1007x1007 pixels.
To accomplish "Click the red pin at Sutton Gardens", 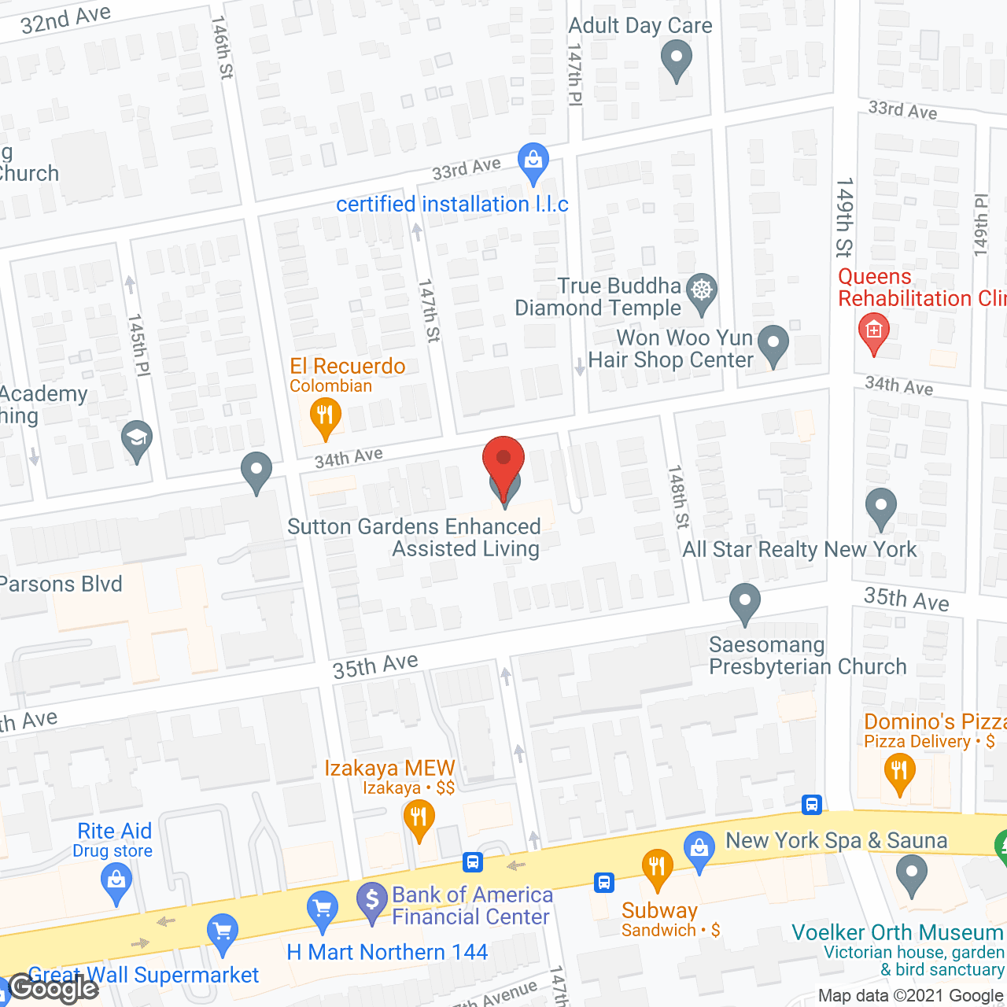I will pos(503,459).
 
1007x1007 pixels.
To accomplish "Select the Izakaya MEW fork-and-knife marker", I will pos(419,818).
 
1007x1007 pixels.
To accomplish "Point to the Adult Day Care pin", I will pos(676,59).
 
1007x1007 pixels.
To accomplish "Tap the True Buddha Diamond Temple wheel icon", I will pos(701,290).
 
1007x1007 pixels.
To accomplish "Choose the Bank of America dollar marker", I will pos(371,901).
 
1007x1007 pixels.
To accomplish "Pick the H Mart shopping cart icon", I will pos(322,910).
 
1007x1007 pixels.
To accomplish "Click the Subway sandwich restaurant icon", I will pos(656,866).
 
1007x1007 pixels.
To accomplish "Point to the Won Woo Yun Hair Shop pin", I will pos(773,344).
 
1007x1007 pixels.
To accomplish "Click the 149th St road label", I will pos(844,218).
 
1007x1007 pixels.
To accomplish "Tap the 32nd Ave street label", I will pos(65,19).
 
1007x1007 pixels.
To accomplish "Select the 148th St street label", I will pos(677,496).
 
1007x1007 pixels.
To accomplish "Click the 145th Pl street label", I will pos(138,345).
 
